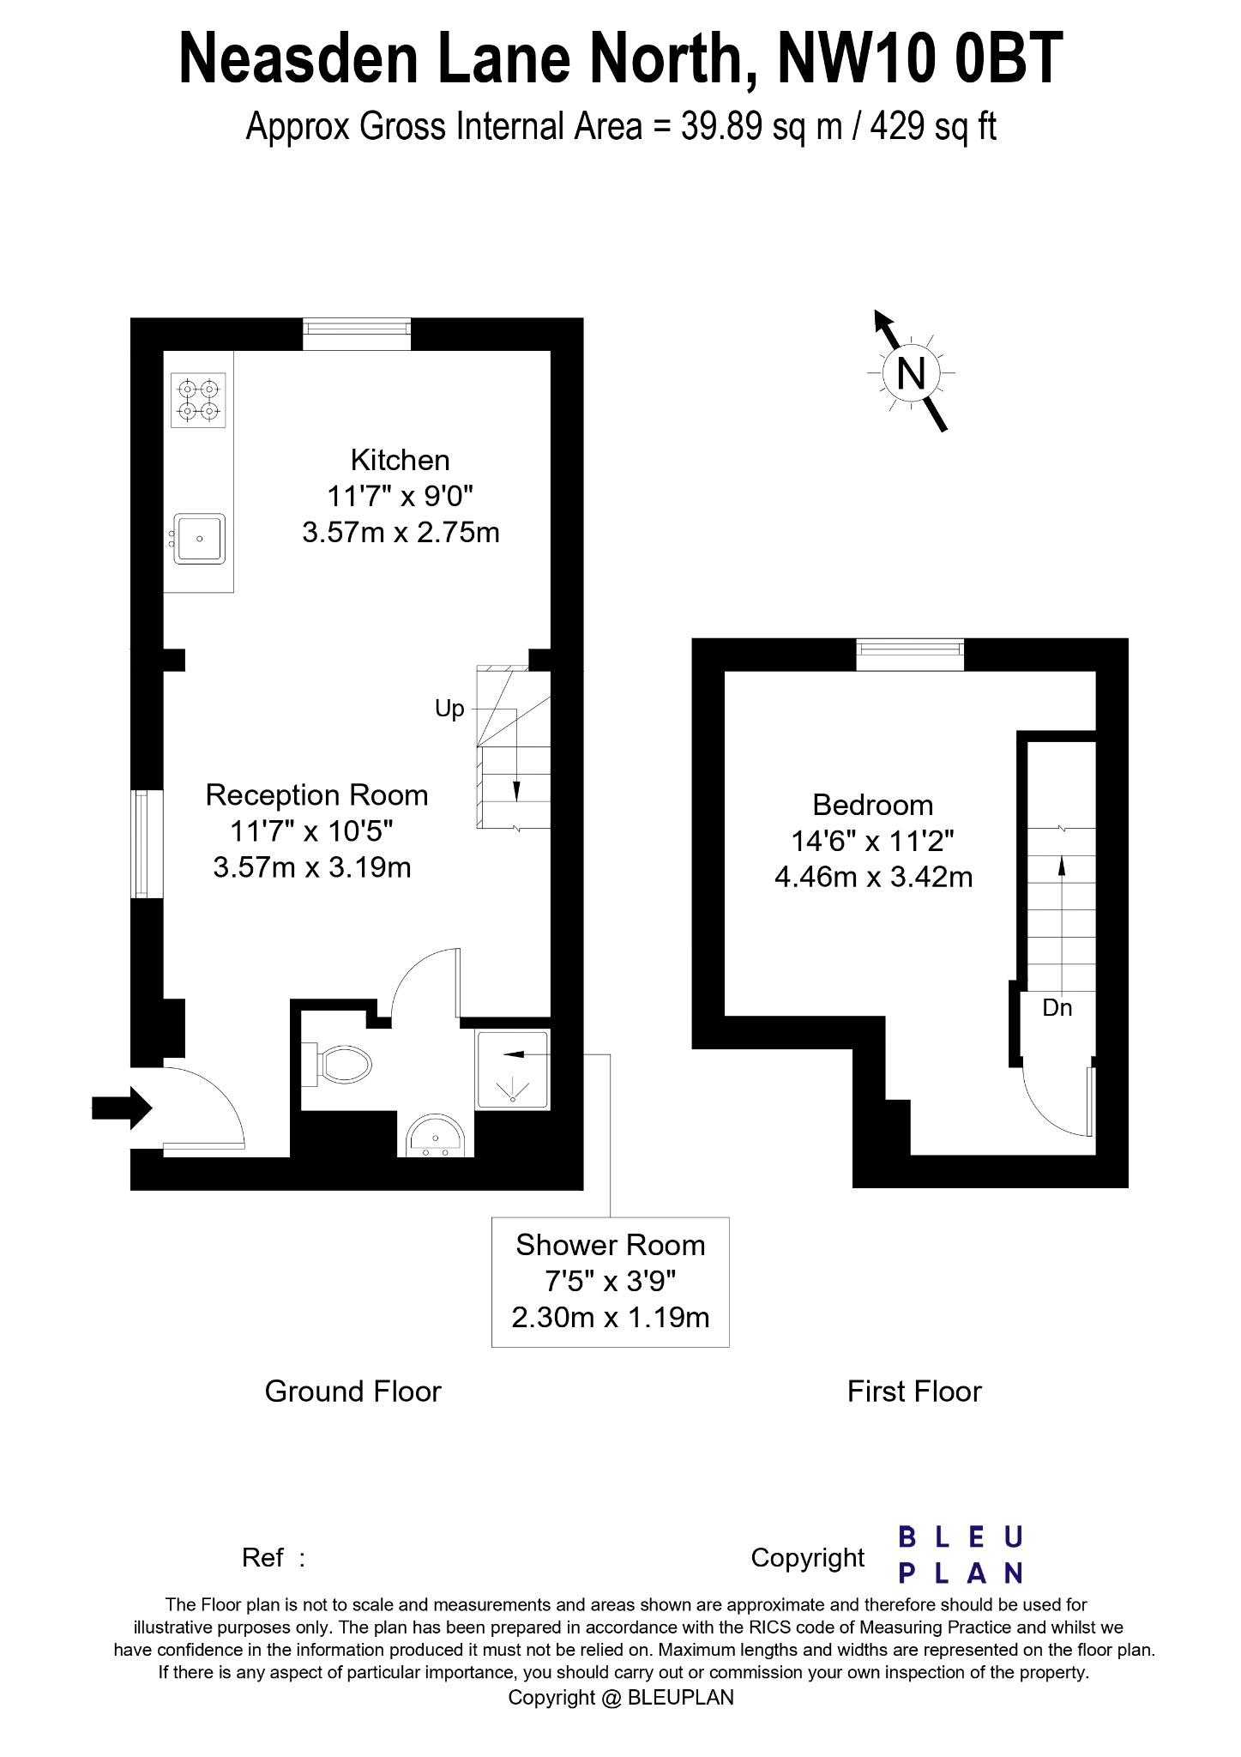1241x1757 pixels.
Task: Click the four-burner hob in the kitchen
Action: tap(199, 400)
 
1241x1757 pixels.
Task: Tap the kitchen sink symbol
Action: tap(199, 539)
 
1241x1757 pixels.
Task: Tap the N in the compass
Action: tap(911, 373)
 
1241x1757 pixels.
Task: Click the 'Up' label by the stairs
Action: tap(449, 709)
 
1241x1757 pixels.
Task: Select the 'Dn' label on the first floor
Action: tap(1057, 1007)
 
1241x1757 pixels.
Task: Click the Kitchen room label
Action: tap(400, 460)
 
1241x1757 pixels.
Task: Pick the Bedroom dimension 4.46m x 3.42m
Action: tap(873, 878)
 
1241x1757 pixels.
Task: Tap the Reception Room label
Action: tap(316, 795)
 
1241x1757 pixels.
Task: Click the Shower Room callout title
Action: tap(610, 1245)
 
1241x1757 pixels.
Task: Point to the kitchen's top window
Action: tap(357, 334)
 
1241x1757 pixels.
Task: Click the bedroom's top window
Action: tap(910, 655)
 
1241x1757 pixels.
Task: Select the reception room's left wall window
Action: tap(147, 843)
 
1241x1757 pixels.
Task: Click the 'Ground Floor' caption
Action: tap(352, 1391)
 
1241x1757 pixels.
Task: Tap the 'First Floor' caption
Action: tap(914, 1391)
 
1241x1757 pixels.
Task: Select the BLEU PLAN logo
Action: tap(961, 1554)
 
